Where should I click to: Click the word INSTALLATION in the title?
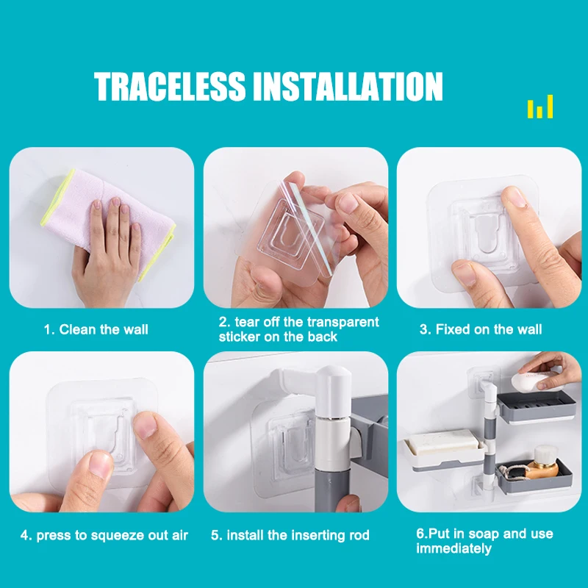coord(348,87)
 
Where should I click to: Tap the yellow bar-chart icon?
coord(540,107)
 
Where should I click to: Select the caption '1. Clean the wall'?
coord(96,329)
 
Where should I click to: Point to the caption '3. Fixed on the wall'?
coord(481,329)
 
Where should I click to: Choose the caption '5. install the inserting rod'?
coord(290,535)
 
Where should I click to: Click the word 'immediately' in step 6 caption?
coord(453,548)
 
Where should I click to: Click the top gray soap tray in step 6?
coord(534,405)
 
